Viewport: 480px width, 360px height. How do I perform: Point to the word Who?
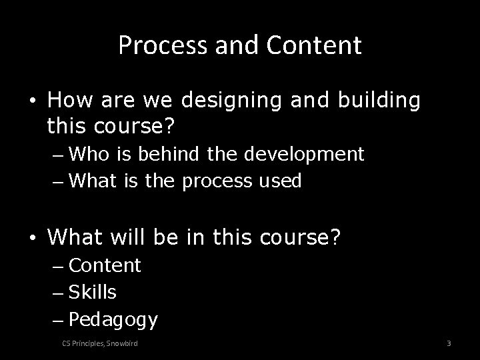[x=89, y=155]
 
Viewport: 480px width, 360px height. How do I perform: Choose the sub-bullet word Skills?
[x=93, y=292]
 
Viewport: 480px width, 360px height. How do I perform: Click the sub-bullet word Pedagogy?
[x=113, y=321]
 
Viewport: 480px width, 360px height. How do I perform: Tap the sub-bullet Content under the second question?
[x=105, y=265]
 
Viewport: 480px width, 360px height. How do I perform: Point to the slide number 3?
[x=449, y=343]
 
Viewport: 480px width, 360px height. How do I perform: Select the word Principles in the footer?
[x=88, y=343]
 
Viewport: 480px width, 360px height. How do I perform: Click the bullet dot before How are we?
[x=32, y=101]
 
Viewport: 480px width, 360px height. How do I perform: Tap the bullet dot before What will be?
[x=32, y=237]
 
